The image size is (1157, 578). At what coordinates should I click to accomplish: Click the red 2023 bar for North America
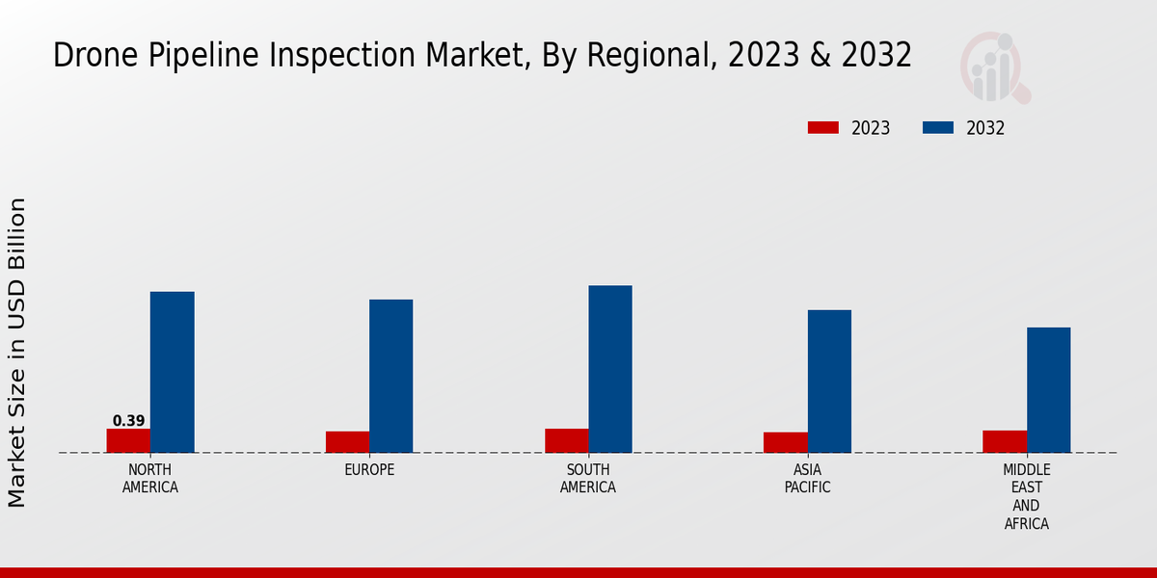pyautogui.click(x=128, y=440)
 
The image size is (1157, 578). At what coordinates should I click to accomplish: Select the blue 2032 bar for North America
pyautogui.click(x=172, y=372)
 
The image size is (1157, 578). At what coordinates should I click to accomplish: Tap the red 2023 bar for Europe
pyautogui.click(x=347, y=441)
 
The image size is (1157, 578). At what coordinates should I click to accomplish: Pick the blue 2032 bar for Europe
pyautogui.click(x=390, y=376)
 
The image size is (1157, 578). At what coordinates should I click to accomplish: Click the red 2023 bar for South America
pyautogui.click(x=566, y=440)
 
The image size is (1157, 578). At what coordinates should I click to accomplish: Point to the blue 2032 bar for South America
pyautogui.click(x=610, y=369)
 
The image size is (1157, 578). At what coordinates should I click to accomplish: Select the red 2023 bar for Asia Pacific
pyautogui.click(x=786, y=442)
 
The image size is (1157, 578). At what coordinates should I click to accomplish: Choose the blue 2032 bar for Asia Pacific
pyautogui.click(x=829, y=381)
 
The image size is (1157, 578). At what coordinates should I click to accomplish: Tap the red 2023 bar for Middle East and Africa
pyautogui.click(x=1005, y=441)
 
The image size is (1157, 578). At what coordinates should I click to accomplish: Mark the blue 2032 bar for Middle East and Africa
pyautogui.click(x=1048, y=389)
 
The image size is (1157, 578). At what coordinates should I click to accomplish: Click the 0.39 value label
pyautogui.click(x=128, y=421)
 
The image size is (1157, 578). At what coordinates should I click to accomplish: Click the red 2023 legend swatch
pyautogui.click(x=823, y=128)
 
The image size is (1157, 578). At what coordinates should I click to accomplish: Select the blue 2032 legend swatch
pyautogui.click(x=938, y=128)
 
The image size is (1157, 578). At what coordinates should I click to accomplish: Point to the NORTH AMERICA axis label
pyautogui.click(x=150, y=479)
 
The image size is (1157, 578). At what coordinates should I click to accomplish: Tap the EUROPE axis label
pyautogui.click(x=369, y=470)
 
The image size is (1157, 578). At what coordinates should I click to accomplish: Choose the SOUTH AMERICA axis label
pyautogui.click(x=588, y=479)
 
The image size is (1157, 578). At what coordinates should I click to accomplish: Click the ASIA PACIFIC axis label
pyautogui.click(x=808, y=479)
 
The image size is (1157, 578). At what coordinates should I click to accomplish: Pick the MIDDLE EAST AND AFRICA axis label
pyautogui.click(x=1027, y=497)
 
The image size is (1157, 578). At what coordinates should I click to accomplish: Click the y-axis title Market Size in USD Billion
pyautogui.click(x=17, y=352)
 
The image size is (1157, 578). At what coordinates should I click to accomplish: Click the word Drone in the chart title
pyautogui.click(x=90, y=56)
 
